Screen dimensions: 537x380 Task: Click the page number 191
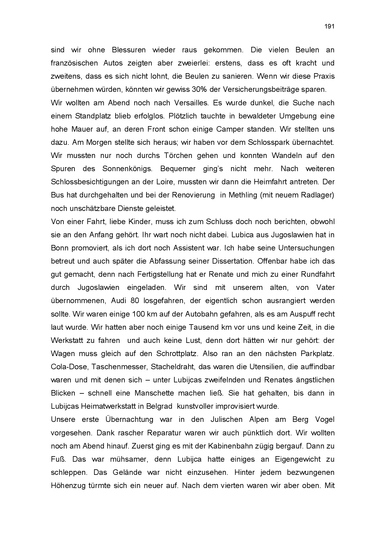(x=329, y=27)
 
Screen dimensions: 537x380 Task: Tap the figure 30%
(x=199, y=90)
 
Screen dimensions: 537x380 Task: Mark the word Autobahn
(x=202, y=314)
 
